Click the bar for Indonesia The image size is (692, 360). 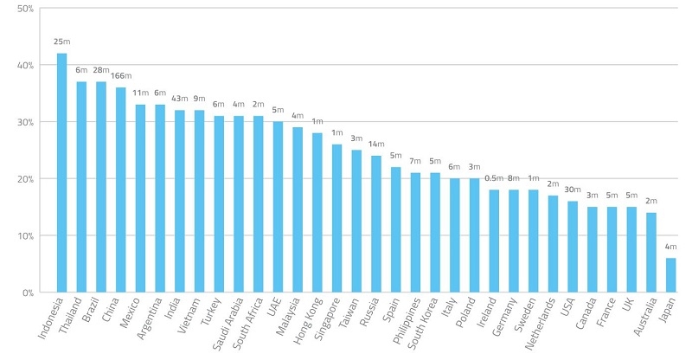click(61, 173)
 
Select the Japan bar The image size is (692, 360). click(670, 275)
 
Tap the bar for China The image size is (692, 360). click(120, 190)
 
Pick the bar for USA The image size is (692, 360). click(573, 247)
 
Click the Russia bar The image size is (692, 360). click(376, 224)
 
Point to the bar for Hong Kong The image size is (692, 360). click(317, 213)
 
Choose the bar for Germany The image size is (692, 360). click(514, 241)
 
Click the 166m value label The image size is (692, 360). click(121, 76)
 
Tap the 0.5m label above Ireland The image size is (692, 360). click(494, 178)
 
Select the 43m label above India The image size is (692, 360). click(180, 99)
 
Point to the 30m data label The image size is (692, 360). click(573, 190)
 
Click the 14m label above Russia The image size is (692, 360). click(376, 144)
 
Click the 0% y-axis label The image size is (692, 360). click(28, 292)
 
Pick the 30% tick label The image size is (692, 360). click(25, 122)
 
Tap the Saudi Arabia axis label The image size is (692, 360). click(228, 324)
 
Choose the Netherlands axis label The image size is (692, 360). click(540, 324)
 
